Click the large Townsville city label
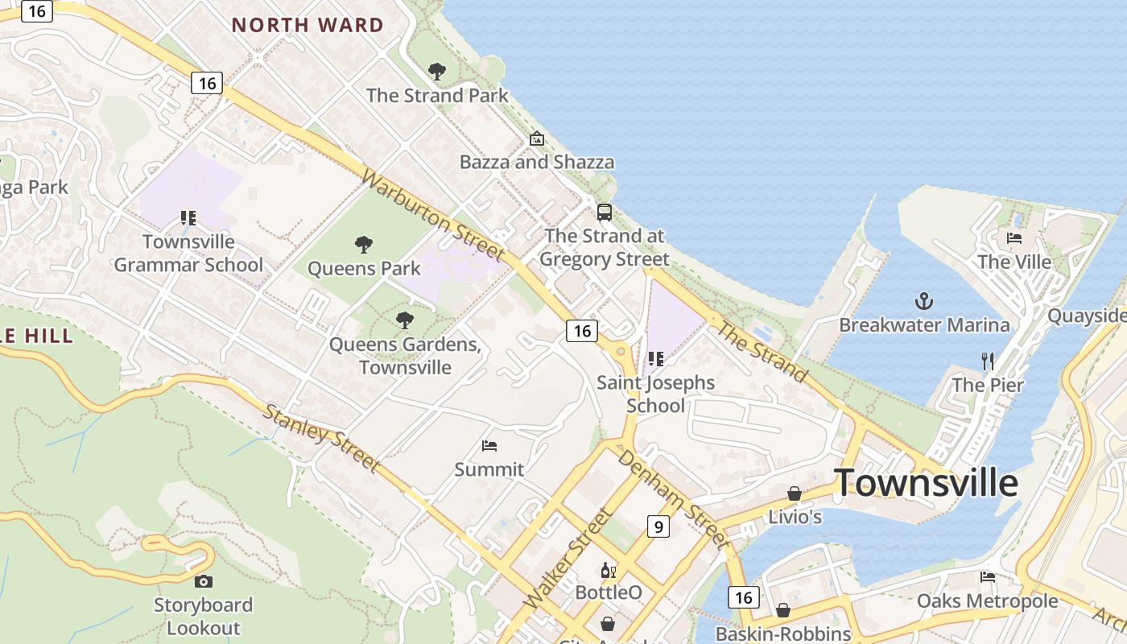926,483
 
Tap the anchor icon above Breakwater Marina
924,302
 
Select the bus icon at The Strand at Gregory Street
604,213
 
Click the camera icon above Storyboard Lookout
204,581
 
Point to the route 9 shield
658,526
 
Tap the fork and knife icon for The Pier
988,361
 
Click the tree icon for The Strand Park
437,72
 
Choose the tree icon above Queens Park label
364,244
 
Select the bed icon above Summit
489,445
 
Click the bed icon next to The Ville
1014,237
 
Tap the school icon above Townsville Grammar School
188,217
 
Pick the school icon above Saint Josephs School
655,358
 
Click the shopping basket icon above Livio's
795,493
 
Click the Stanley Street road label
321,437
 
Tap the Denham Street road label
673,494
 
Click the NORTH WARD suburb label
308,25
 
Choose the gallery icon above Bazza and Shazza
536,138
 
